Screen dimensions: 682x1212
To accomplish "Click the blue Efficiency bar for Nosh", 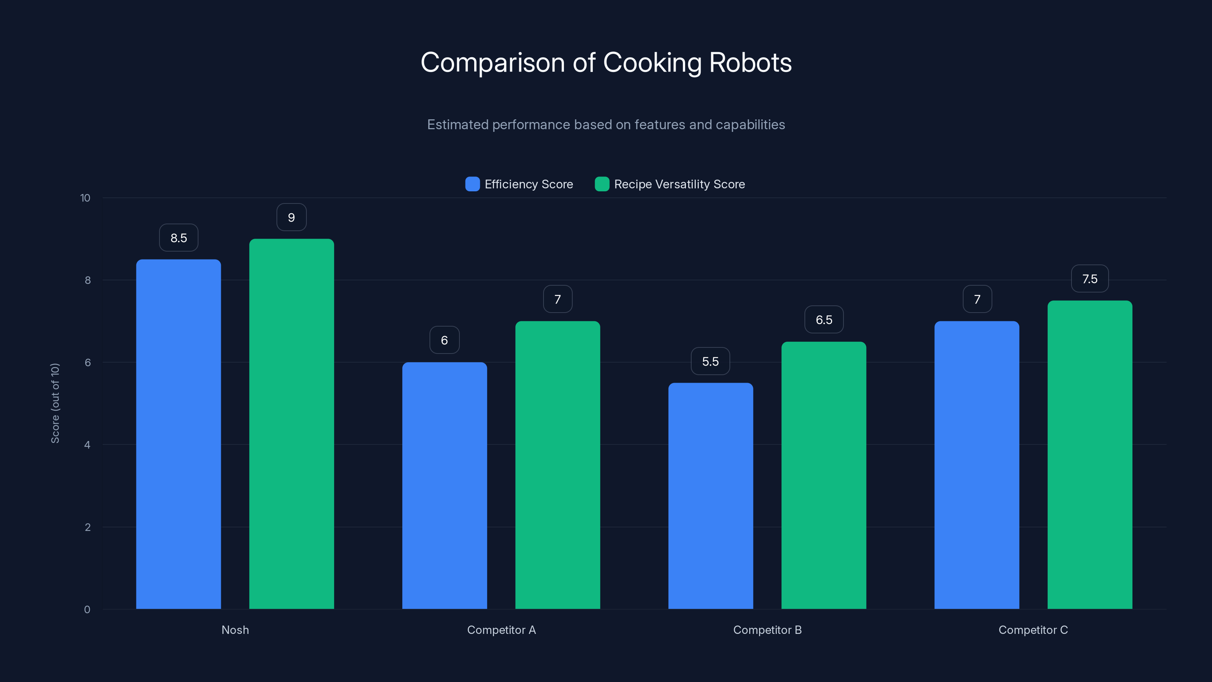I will coord(178,433).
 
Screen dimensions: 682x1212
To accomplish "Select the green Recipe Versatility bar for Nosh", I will coord(291,424).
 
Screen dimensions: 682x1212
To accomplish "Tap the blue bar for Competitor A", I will coord(444,485).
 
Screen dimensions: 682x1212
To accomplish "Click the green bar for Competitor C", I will coord(1089,454).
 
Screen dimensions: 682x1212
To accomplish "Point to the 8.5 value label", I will coord(178,238).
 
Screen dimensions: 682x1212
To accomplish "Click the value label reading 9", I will coord(291,217).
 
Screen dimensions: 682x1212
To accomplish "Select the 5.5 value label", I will coord(710,361).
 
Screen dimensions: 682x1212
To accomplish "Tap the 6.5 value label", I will coord(823,319).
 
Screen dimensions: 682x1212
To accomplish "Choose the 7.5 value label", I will coord(1089,278).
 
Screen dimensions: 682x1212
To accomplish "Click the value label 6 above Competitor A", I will coord(444,340).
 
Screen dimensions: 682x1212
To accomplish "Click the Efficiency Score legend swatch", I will coord(472,184).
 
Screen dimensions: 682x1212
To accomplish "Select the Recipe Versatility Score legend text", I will coord(679,184).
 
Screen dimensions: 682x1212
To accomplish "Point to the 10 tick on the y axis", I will coord(85,198).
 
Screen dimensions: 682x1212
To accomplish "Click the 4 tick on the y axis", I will coord(87,445).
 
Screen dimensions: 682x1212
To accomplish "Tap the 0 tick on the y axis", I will coord(87,610).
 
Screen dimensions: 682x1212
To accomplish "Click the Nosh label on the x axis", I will coord(235,630).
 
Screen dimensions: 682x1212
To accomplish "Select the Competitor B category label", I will coord(767,630).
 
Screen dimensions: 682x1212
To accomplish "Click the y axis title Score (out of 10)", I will coord(55,403).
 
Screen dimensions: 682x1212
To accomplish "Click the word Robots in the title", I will coord(750,62).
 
